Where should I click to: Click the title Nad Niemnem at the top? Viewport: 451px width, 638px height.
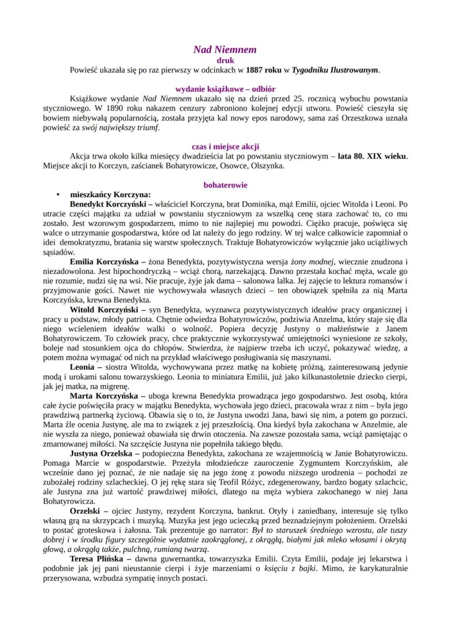tap(225, 50)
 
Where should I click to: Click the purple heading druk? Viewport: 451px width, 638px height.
tap(225, 60)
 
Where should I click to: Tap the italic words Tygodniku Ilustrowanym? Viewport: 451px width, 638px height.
tap(335, 70)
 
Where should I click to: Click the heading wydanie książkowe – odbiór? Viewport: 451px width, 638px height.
tap(225, 89)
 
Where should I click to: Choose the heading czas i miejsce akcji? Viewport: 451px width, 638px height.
tap(225, 147)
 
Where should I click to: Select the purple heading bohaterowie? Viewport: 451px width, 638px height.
tap(225, 185)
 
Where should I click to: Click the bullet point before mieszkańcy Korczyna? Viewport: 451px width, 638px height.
tap(57, 195)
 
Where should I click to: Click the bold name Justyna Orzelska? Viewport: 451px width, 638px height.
tap(101, 454)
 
